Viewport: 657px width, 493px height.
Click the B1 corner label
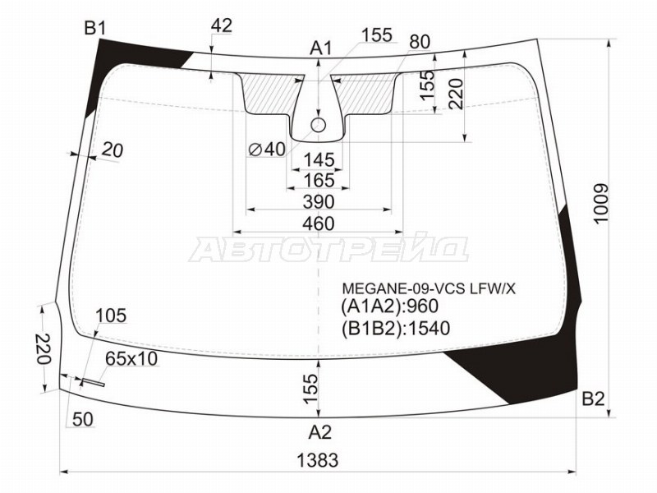pyautogui.click(x=94, y=30)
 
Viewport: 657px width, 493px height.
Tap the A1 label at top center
pyautogui.click(x=320, y=48)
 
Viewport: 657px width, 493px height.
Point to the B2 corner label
pyautogui.click(x=593, y=400)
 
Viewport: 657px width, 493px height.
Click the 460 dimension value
pyautogui.click(x=318, y=223)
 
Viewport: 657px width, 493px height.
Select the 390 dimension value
pyautogui.click(x=318, y=202)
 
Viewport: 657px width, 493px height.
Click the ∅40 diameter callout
pyautogui.click(x=266, y=149)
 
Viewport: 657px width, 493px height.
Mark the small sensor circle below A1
pyautogui.click(x=319, y=125)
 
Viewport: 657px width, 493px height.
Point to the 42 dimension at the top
pyautogui.click(x=221, y=26)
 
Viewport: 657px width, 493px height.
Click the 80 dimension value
pyautogui.click(x=419, y=41)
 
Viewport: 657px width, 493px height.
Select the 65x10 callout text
pyautogui.click(x=131, y=359)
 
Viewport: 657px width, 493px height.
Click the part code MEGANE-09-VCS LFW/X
pyautogui.click(x=429, y=288)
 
